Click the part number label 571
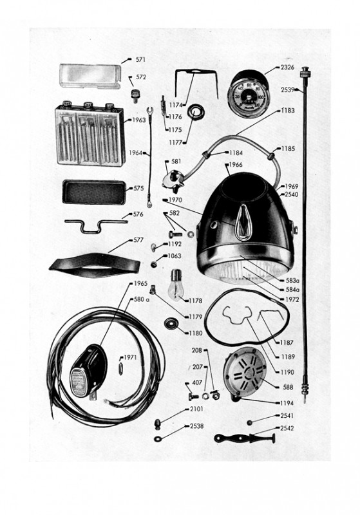(x=140, y=59)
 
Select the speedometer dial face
(x=249, y=95)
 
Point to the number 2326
(x=287, y=68)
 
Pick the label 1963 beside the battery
(x=138, y=120)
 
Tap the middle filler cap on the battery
(x=88, y=105)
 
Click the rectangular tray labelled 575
(x=94, y=192)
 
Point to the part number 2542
(x=287, y=428)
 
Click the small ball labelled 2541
(x=250, y=422)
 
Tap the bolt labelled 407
(x=193, y=397)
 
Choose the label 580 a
(x=142, y=299)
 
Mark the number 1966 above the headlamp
(x=236, y=165)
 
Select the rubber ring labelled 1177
(x=196, y=112)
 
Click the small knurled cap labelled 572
(x=135, y=95)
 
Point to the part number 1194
(x=287, y=403)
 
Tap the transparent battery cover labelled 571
(x=90, y=77)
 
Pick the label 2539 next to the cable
(x=288, y=89)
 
